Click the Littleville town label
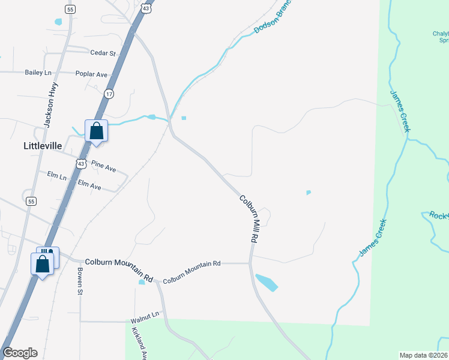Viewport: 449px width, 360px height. (x=42, y=146)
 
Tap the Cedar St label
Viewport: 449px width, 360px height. (x=103, y=53)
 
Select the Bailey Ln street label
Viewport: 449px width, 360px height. (x=37, y=73)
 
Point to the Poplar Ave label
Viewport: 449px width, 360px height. (x=91, y=74)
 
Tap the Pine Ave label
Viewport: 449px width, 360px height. (x=103, y=166)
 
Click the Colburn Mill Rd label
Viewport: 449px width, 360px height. (x=249, y=218)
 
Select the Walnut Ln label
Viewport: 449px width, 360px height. (x=145, y=314)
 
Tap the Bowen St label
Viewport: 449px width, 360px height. (x=79, y=281)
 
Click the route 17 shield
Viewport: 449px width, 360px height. (x=109, y=94)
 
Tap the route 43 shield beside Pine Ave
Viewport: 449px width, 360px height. (x=80, y=163)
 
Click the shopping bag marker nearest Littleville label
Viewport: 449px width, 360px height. (x=96, y=131)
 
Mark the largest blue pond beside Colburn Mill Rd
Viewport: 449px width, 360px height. (x=266, y=282)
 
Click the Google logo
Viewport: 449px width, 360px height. (x=20, y=353)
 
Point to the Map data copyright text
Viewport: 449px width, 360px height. (x=423, y=355)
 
